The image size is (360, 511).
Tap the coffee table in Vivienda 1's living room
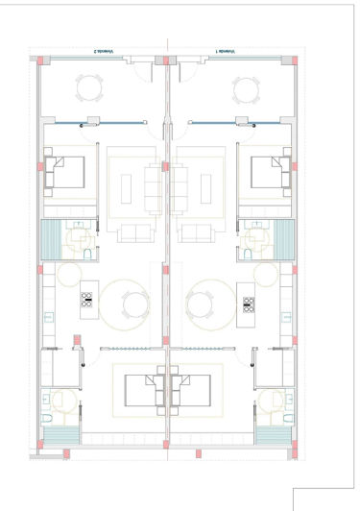pos(183,185)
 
